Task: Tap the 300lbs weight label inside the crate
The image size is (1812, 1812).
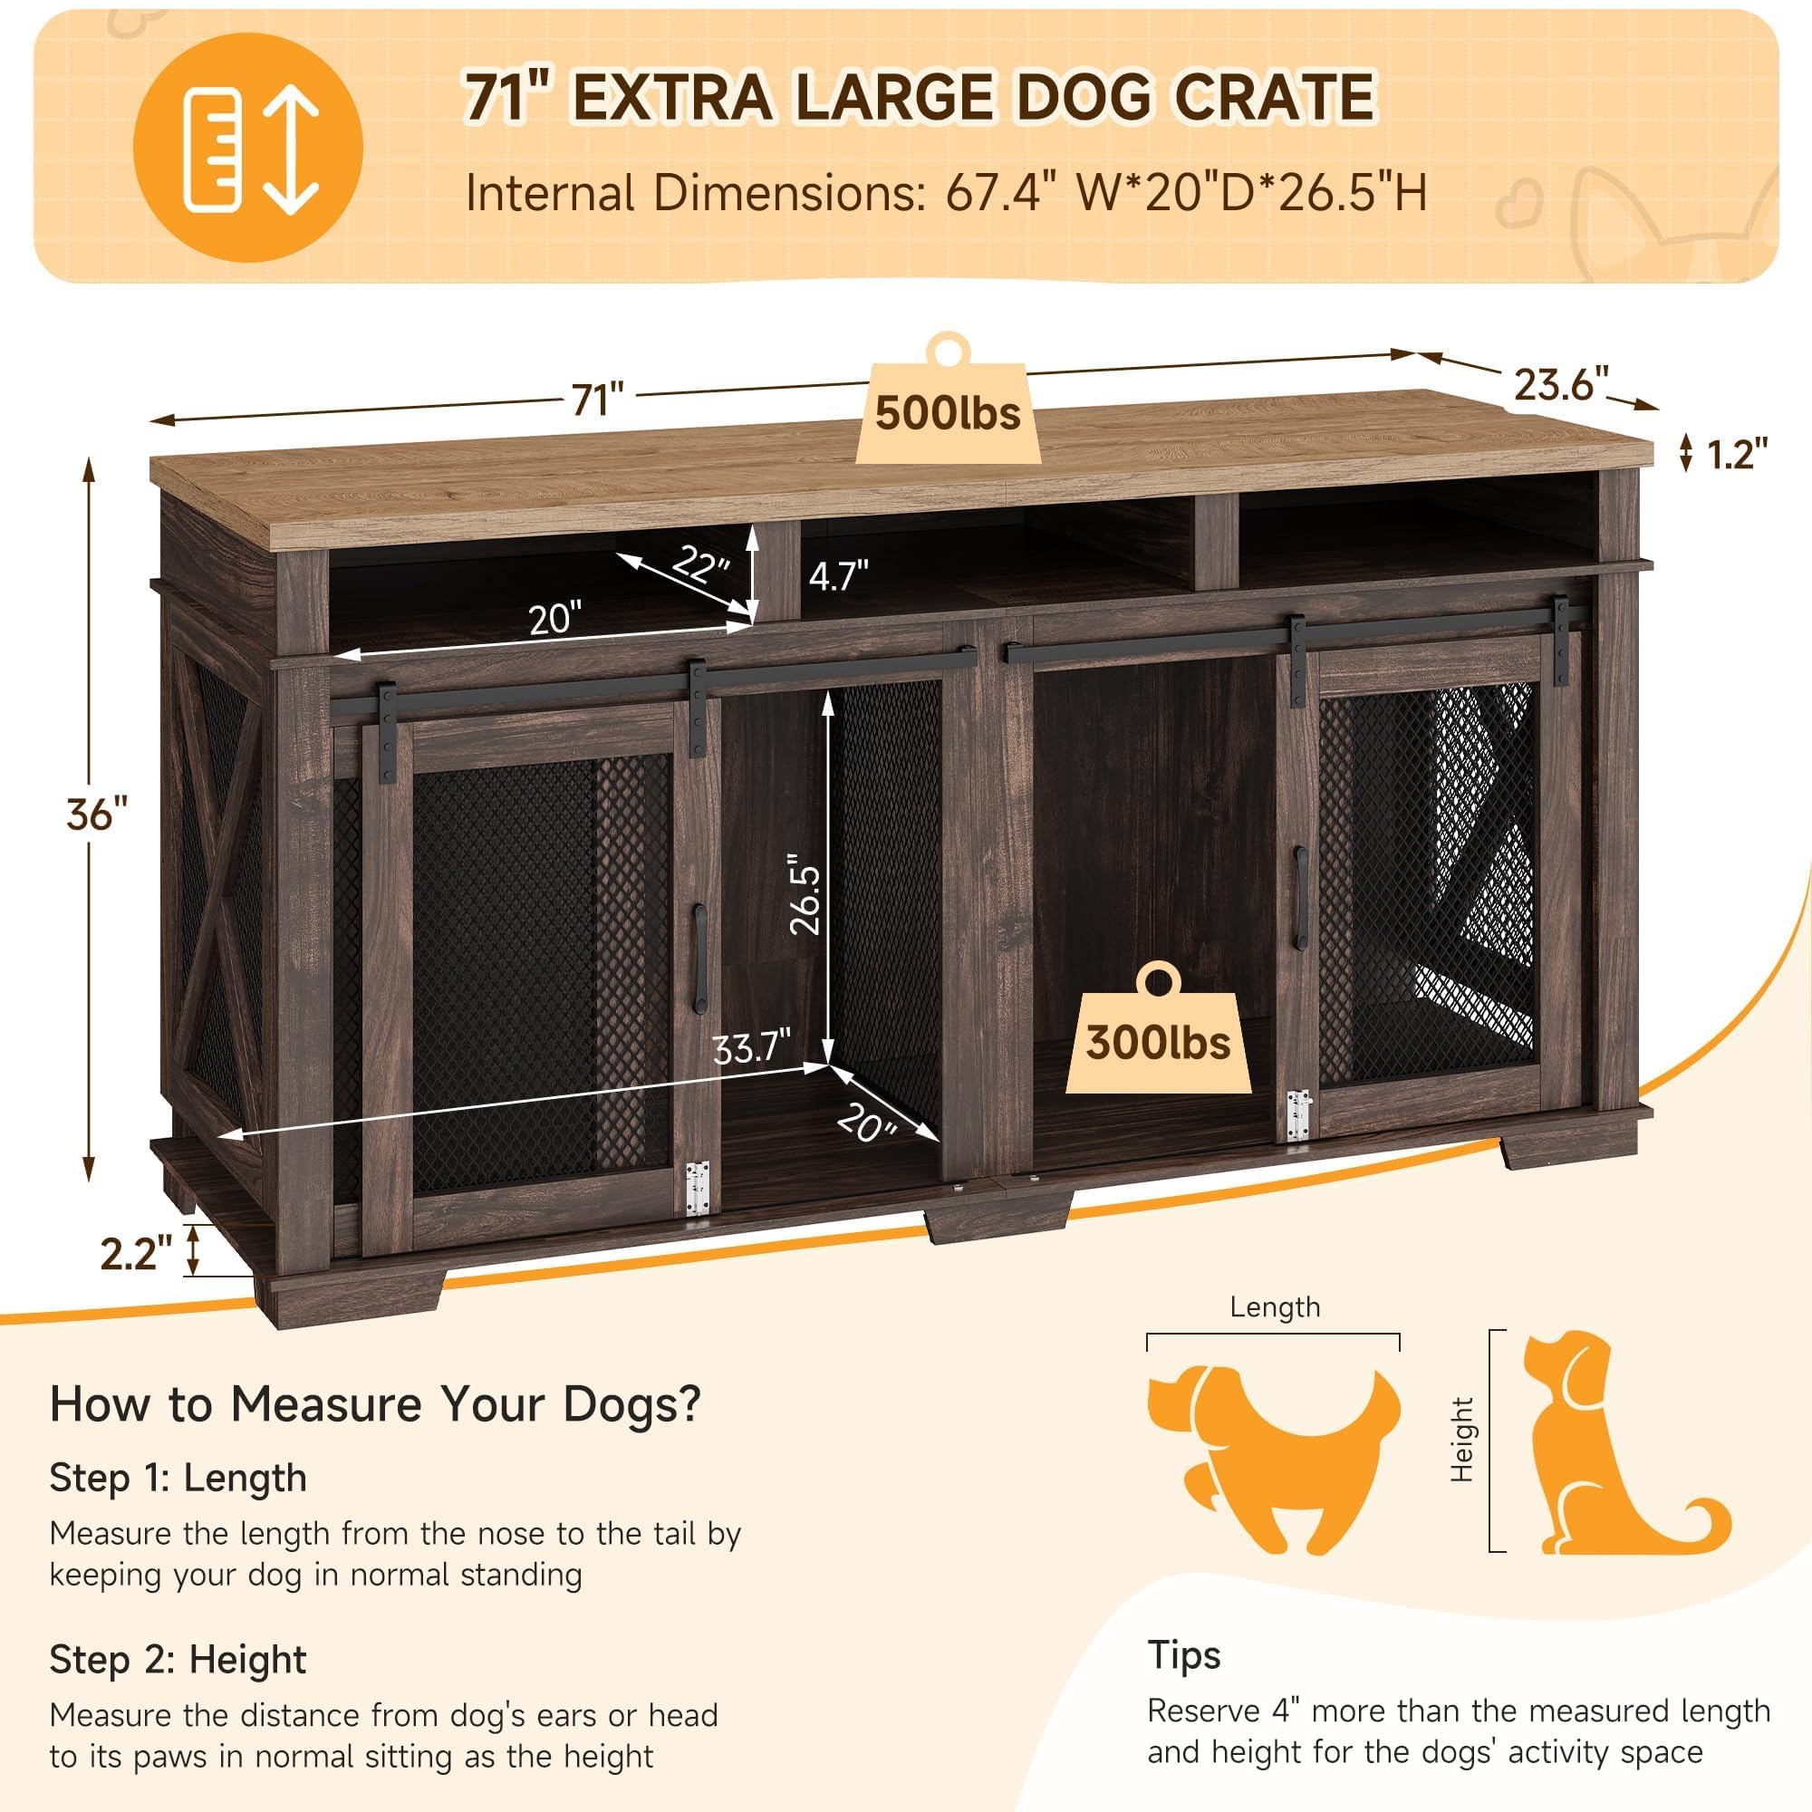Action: tap(1158, 1043)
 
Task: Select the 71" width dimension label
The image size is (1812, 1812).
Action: tap(597, 400)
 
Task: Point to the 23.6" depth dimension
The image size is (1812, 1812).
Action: tap(1561, 383)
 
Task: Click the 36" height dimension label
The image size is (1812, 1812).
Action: tap(96, 814)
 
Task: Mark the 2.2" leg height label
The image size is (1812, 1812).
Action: tap(137, 1254)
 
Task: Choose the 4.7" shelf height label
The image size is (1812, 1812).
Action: tap(838, 575)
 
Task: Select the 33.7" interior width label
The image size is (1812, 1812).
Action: tap(751, 1047)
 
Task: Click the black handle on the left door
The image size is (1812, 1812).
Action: tap(699, 958)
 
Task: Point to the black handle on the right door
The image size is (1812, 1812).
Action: tap(1301, 898)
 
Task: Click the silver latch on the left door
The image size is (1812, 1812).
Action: tap(697, 1190)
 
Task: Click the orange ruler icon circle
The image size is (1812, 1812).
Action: tap(247, 148)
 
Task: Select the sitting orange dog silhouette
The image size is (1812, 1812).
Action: tap(1614, 1445)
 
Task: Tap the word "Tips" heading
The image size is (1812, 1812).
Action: tap(1183, 1655)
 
